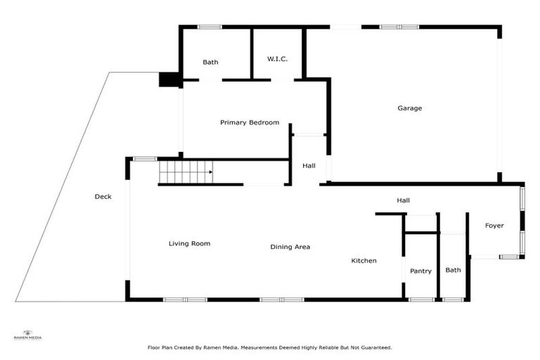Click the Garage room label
(x=410, y=108)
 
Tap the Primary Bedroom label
(x=250, y=122)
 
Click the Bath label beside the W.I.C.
(x=210, y=62)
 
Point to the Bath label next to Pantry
(x=453, y=270)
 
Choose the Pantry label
(x=420, y=271)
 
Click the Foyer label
(x=494, y=226)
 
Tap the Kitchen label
(x=364, y=261)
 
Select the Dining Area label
(x=290, y=247)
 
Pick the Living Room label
(x=189, y=244)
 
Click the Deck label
(x=103, y=197)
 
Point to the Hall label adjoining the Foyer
(x=403, y=200)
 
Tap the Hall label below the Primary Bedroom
(x=309, y=166)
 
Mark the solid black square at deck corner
(x=169, y=79)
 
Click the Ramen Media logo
(x=27, y=335)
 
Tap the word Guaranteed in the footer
(x=373, y=347)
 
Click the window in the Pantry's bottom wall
(x=421, y=300)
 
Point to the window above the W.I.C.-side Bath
(x=210, y=27)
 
